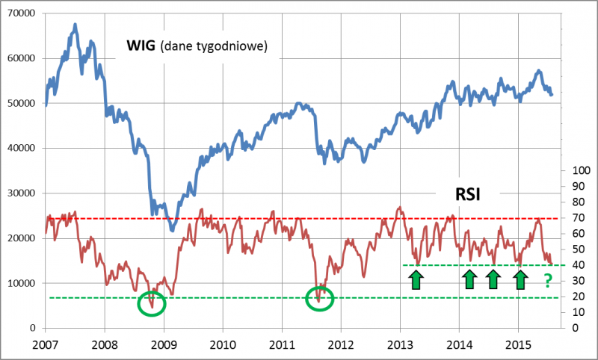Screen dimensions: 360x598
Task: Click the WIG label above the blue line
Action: tap(141, 47)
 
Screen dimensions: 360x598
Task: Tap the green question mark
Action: tap(547, 281)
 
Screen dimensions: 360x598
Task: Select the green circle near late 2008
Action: tap(152, 303)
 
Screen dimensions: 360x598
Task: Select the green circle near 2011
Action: tap(320, 299)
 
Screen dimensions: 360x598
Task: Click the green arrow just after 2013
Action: tap(416, 280)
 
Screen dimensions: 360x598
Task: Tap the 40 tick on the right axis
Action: tap(576, 265)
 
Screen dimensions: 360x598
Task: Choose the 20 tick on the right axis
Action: tap(576, 297)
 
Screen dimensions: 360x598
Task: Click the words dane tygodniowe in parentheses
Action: tap(224, 48)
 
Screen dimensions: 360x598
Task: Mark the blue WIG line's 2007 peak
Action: tap(75, 25)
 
